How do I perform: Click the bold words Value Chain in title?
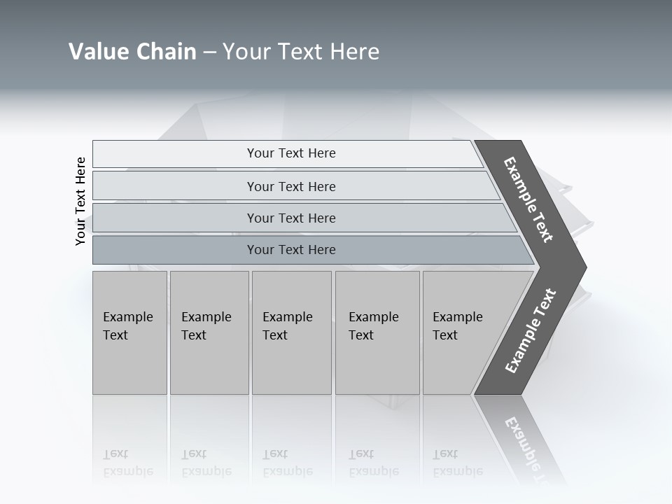pos(132,52)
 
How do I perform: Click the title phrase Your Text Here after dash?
pos(301,52)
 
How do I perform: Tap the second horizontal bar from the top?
pos(290,186)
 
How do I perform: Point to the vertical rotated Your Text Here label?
pos(80,201)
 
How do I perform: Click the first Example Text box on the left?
pos(129,332)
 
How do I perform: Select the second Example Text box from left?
pos(209,332)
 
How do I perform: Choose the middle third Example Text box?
pos(291,332)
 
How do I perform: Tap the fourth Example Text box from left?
pos(377,332)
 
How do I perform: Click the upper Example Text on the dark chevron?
pos(528,199)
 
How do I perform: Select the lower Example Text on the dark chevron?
pos(530,331)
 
